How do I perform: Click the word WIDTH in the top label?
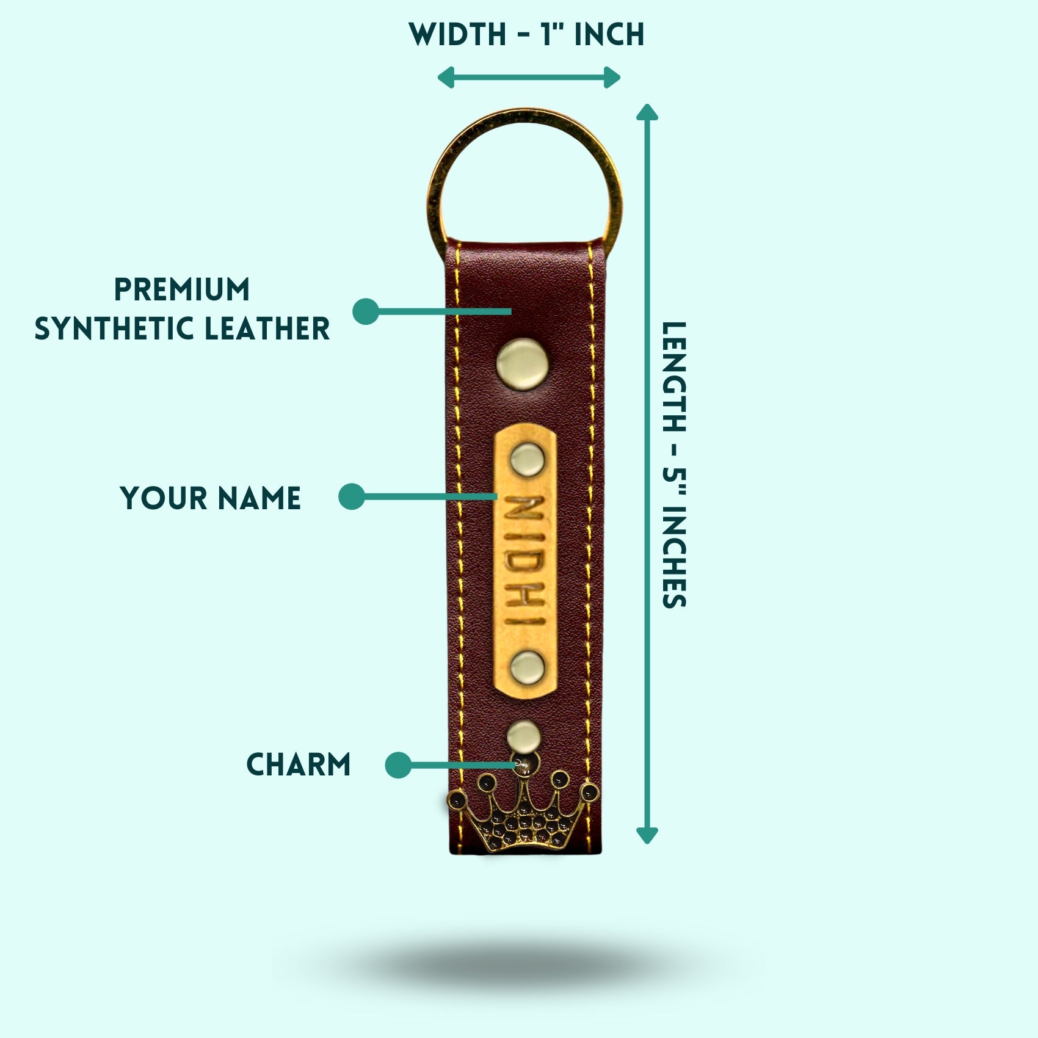click(x=457, y=34)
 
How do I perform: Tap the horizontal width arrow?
click(x=529, y=78)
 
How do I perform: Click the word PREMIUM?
click(x=182, y=290)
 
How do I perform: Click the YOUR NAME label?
click(x=211, y=498)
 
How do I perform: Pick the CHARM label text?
click(x=299, y=764)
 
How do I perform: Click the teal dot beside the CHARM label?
click(x=398, y=764)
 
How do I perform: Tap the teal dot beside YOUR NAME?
click(x=352, y=496)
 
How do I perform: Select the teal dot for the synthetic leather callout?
click(x=366, y=311)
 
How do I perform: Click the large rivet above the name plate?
click(x=523, y=363)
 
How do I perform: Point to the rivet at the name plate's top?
click(x=526, y=459)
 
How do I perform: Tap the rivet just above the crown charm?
click(x=523, y=735)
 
